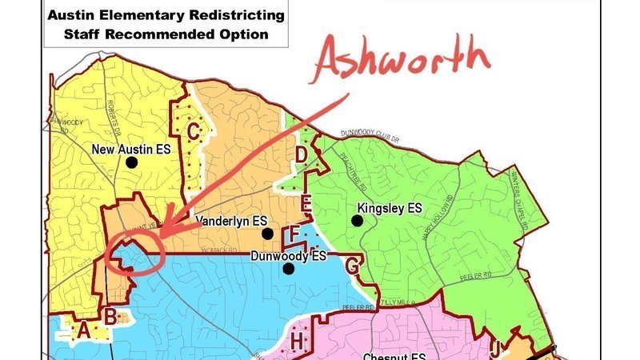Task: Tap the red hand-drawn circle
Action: (134, 254)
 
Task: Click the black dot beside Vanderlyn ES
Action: (266, 234)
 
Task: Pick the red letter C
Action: (193, 128)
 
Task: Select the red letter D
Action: (302, 154)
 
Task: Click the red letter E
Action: (305, 205)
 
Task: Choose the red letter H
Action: (297, 342)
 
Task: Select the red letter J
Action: (496, 348)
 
